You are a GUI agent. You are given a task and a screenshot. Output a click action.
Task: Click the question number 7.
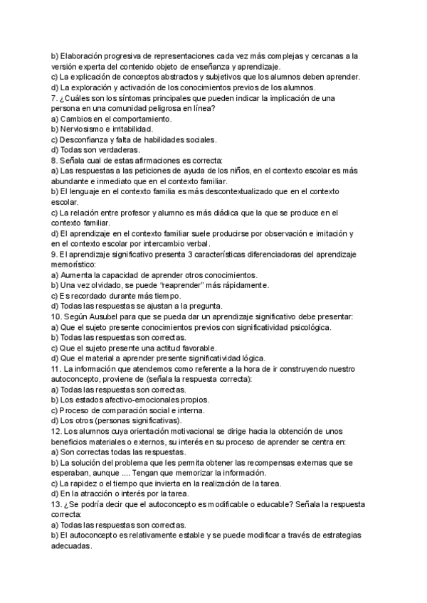coord(54,97)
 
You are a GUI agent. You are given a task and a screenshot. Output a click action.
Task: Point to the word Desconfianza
coord(88,140)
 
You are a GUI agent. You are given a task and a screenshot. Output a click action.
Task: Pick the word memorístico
coord(78,264)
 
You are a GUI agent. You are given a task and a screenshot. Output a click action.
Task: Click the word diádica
coord(241,212)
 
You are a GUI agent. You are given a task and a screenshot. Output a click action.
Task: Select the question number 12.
coord(57,432)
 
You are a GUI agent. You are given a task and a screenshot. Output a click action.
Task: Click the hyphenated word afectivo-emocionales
coord(139,400)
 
